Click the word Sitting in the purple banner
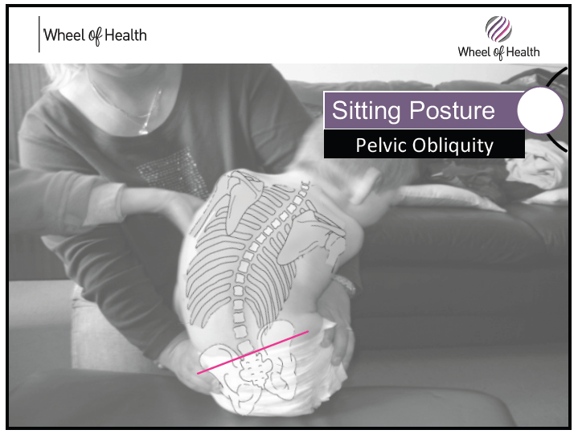pos(366,111)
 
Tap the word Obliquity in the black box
pos(453,145)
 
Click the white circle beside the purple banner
pos(540,110)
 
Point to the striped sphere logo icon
pos(498,29)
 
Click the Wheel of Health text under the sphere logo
pos(498,52)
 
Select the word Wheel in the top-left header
pos(64,35)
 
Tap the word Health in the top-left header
pos(125,35)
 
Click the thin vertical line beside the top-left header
pos(39,35)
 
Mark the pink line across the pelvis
pos(253,353)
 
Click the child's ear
pos(371,182)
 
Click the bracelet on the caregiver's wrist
pos(346,285)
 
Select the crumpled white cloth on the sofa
pos(537,166)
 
